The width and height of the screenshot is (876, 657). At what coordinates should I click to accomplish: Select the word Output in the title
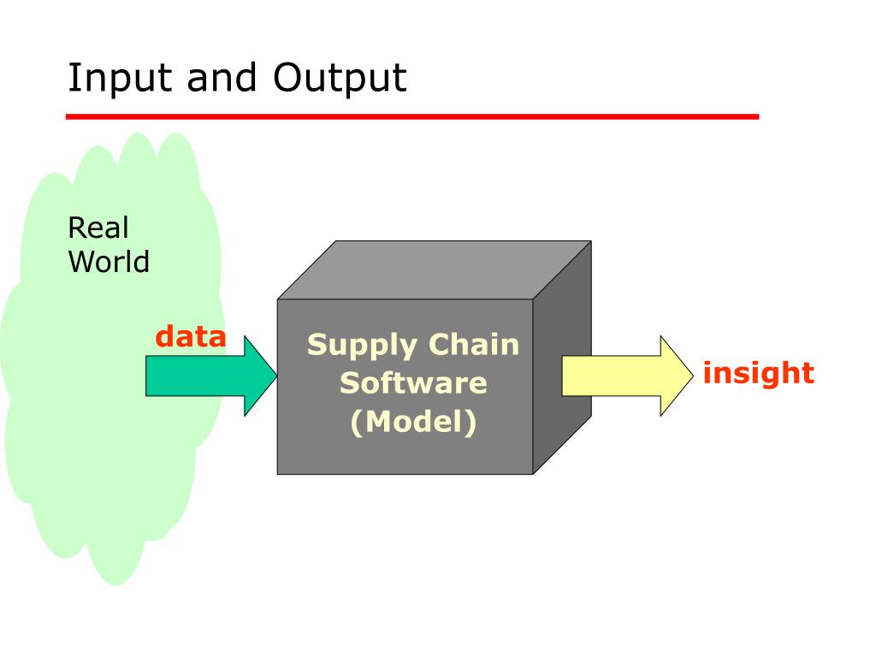pyautogui.click(x=340, y=79)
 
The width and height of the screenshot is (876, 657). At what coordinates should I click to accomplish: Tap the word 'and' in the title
pyautogui.click(x=222, y=79)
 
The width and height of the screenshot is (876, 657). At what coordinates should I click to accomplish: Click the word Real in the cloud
pyautogui.click(x=98, y=228)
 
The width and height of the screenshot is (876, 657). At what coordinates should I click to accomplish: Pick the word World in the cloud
pyautogui.click(x=109, y=262)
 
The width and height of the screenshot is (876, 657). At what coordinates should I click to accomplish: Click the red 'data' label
pyautogui.click(x=191, y=337)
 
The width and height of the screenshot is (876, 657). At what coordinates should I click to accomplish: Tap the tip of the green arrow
pyautogui.click(x=276, y=376)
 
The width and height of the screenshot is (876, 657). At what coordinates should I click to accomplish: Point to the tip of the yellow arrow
pyautogui.click(x=690, y=376)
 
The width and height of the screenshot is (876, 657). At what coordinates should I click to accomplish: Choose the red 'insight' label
pyautogui.click(x=758, y=373)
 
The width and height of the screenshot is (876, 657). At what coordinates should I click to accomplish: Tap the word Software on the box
pyautogui.click(x=413, y=382)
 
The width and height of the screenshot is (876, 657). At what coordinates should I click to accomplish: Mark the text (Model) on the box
pyautogui.click(x=413, y=422)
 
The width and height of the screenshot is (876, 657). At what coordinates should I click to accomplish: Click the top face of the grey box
pyautogui.click(x=435, y=270)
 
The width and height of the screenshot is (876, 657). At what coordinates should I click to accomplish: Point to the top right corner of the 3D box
pyautogui.click(x=591, y=241)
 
